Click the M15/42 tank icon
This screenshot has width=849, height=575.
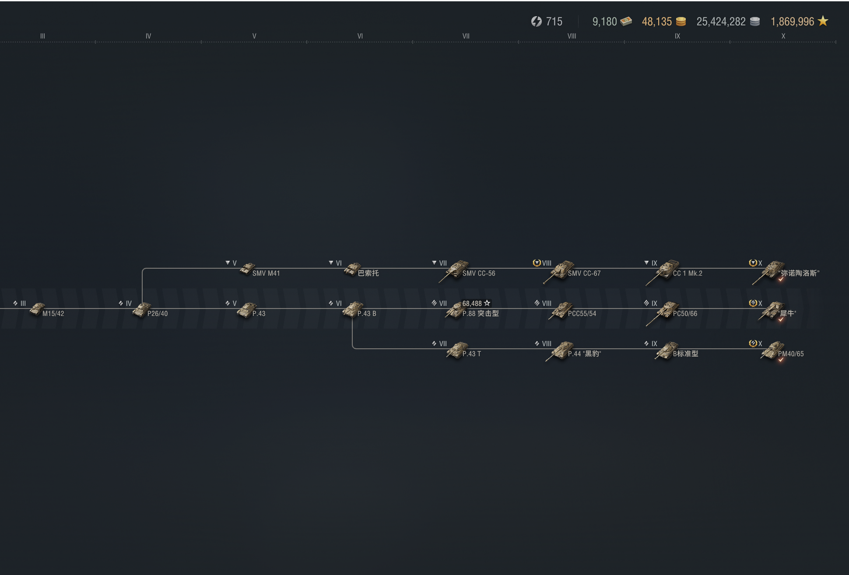[x=37, y=309]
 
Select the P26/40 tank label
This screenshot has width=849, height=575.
[x=158, y=314]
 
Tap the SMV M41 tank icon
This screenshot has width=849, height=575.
[x=247, y=268]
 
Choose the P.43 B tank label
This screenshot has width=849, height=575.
[x=367, y=314]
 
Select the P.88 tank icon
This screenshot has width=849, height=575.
[x=455, y=310]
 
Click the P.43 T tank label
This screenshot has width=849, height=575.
[x=472, y=354]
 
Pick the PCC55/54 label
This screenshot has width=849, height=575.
[x=582, y=314]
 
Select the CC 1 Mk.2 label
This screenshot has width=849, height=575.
[x=688, y=273]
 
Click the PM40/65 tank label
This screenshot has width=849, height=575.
[x=791, y=354]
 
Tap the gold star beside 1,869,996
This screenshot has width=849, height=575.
[x=823, y=21]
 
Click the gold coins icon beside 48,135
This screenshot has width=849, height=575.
[x=681, y=21]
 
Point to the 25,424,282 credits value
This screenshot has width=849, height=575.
[x=721, y=21]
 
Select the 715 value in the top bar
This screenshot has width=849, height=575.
[x=554, y=21]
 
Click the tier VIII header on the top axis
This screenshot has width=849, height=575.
[x=572, y=36]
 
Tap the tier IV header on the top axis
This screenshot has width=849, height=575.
[x=148, y=36]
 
